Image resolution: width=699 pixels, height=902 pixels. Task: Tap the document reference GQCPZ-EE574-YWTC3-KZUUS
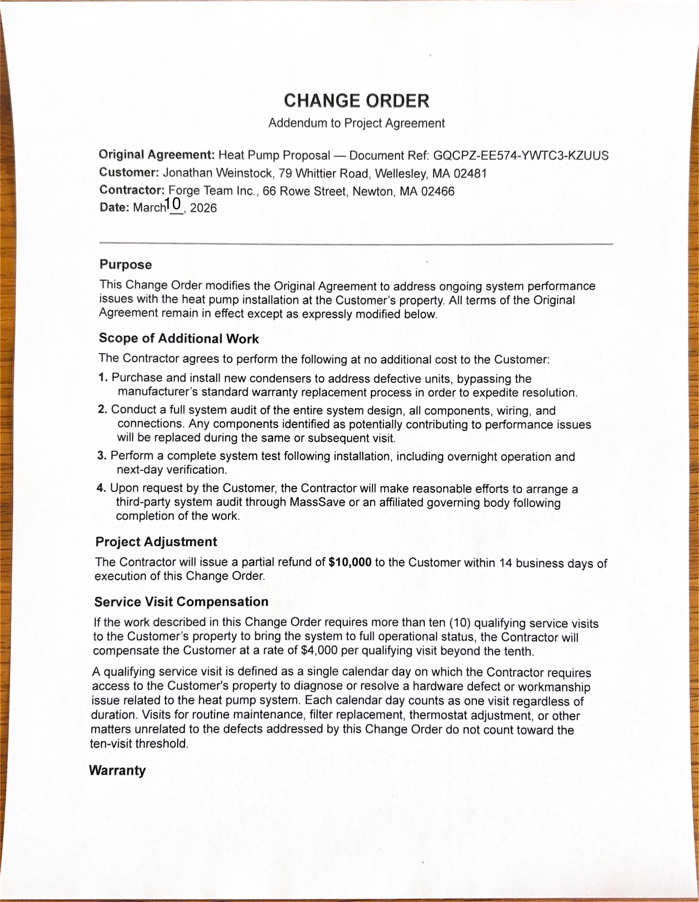coord(521,156)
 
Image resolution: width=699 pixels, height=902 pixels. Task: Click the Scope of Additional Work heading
coord(178,339)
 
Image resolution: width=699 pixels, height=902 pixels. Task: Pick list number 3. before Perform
coord(102,455)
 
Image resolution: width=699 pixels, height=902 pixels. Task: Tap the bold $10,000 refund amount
coord(350,562)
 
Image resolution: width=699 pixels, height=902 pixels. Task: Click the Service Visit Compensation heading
coord(181,602)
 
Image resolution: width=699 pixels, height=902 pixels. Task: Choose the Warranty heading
coord(117,770)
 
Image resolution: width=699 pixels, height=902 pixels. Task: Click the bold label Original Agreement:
coord(157,155)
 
